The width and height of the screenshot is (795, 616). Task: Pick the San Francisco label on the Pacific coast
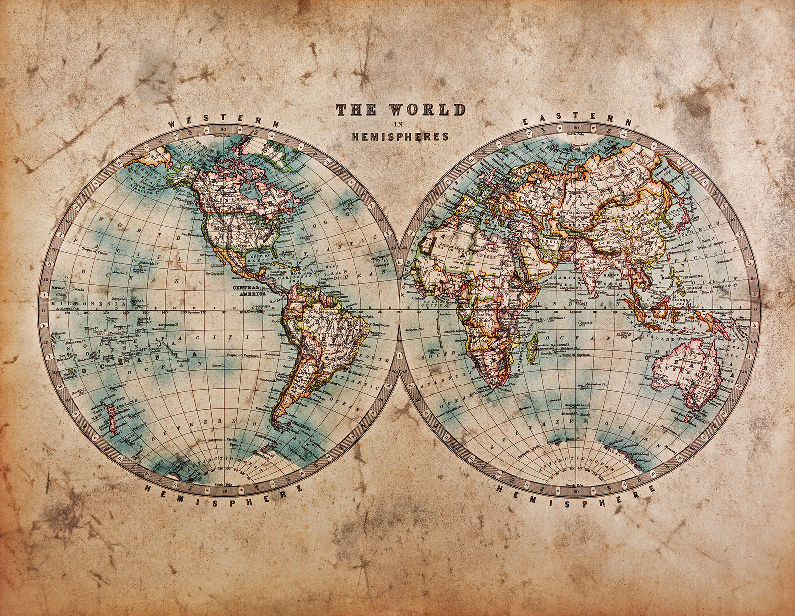(191, 234)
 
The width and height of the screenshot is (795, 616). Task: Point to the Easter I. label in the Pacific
(217, 366)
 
